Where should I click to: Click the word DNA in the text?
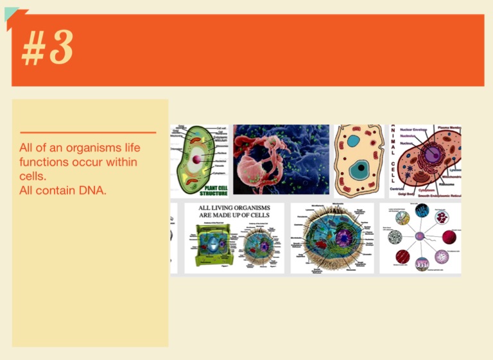(93, 191)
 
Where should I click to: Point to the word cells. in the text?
(33, 176)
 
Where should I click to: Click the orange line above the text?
(88, 132)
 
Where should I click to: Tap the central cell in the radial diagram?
(420, 236)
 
